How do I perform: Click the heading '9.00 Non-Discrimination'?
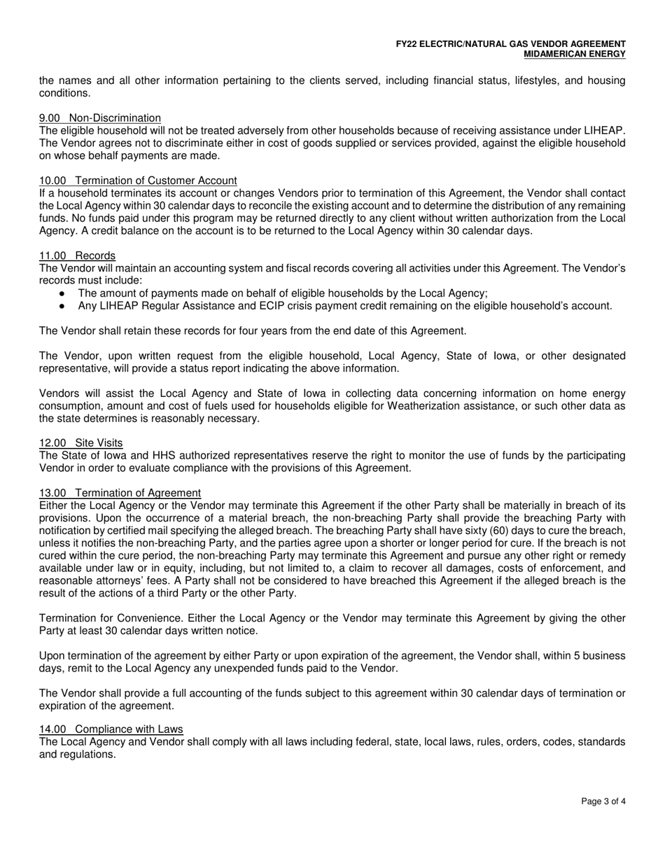point(100,118)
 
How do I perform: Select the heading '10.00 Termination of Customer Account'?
point(138,181)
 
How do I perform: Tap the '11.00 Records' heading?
point(78,256)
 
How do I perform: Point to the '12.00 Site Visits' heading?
point(81,443)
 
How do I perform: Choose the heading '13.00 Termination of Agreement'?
point(120,493)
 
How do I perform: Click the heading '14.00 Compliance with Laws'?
point(111,729)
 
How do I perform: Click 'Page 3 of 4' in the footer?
point(603,802)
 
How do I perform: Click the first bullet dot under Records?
point(62,294)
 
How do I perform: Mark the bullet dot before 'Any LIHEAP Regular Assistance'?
point(62,307)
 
